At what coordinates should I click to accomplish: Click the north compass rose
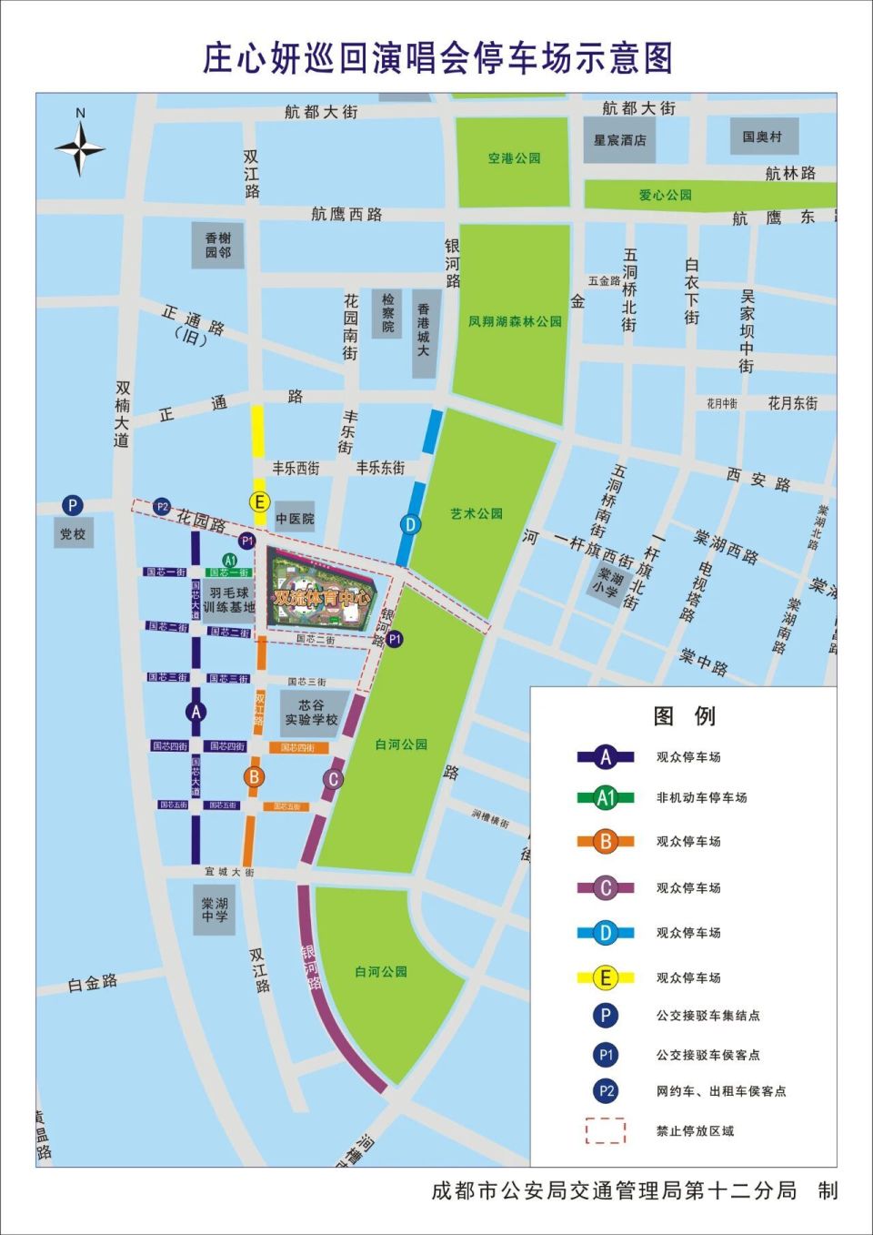[x=80, y=147]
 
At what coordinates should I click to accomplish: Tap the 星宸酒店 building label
[x=619, y=140]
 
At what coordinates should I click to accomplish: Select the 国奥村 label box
[x=761, y=137]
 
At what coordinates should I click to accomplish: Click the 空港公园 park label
[x=514, y=158]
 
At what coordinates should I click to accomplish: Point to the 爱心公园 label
[x=665, y=195]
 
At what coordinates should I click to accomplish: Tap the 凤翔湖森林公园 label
[x=515, y=321]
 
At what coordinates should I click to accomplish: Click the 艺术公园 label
[x=477, y=513]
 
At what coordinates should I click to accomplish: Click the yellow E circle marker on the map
[x=259, y=501]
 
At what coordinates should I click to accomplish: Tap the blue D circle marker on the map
[x=411, y=524]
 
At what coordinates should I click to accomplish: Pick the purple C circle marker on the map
[x=334, y=779]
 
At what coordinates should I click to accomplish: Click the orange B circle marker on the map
[x=254, y=776]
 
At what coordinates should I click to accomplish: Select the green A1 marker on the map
[x=230, y=560]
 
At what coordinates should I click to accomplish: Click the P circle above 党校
[x=72, y=505]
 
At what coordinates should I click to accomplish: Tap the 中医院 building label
[x=295, y=519]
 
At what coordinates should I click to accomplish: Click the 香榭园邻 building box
[x=217, y=245]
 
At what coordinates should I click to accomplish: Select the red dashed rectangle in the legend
[x=606, y=1130]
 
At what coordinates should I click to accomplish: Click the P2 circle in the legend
[x=606, y=1090]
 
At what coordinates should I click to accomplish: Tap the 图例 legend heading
[x=684, y=716]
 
